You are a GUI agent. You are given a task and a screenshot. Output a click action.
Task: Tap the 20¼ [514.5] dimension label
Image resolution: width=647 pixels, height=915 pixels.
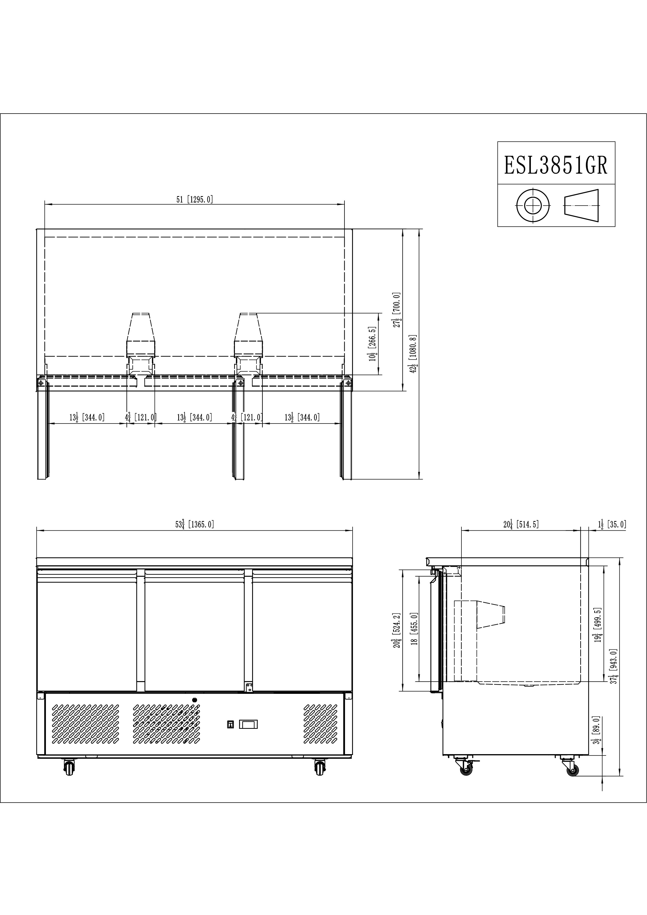tap(521, 524)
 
